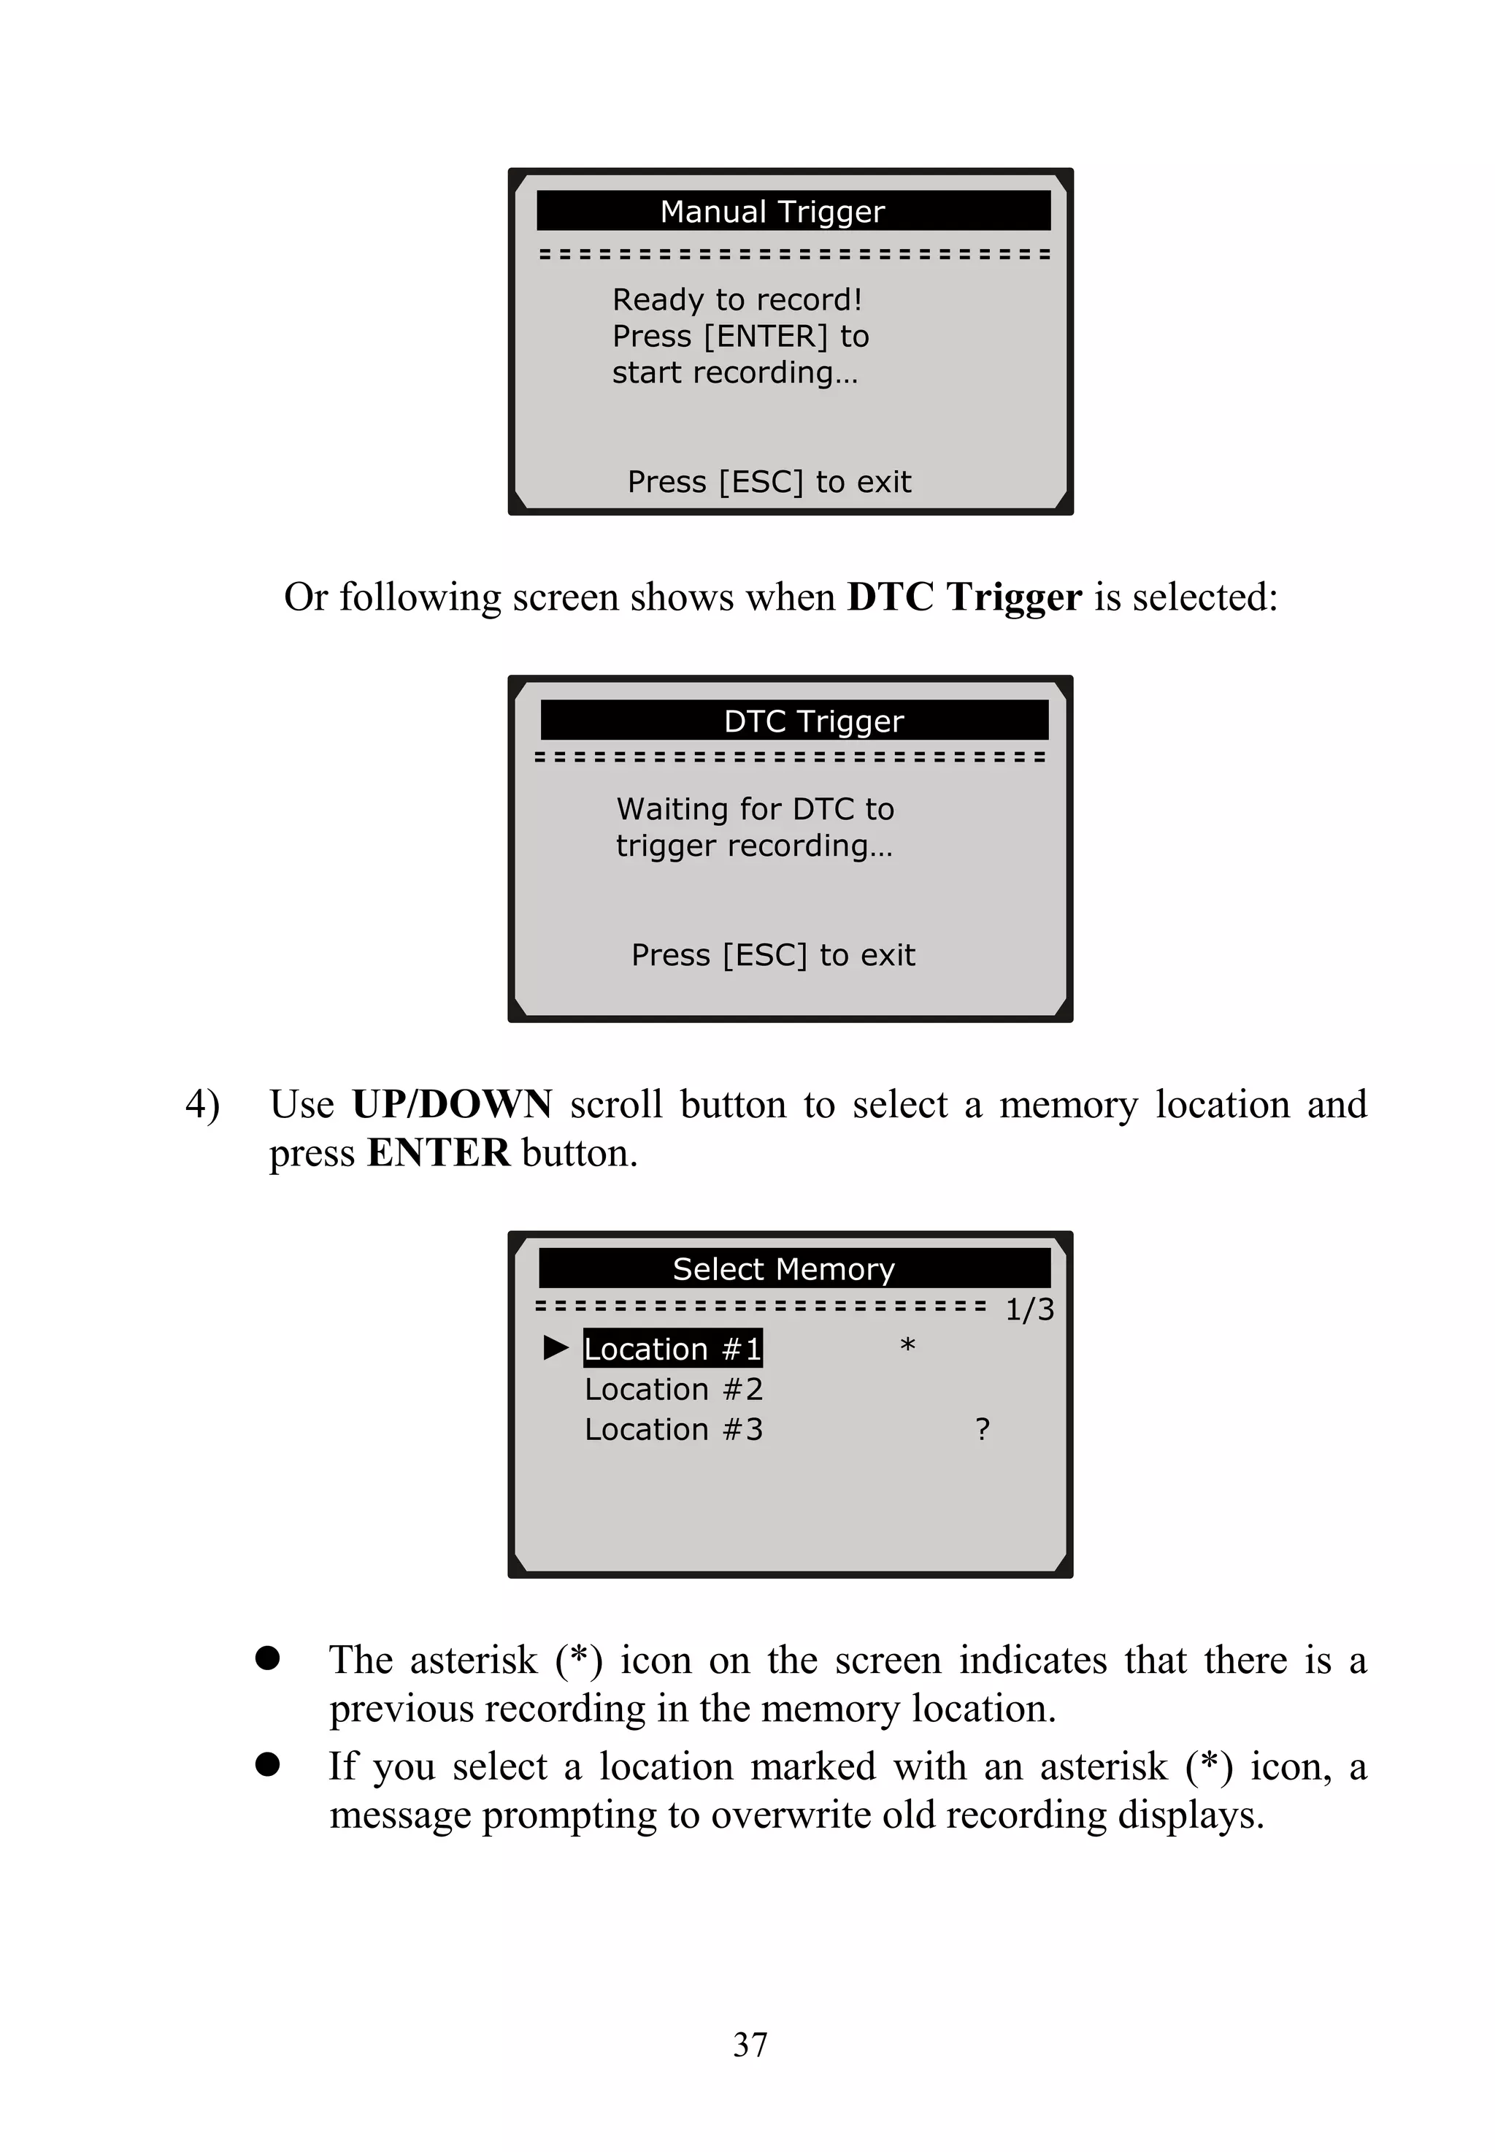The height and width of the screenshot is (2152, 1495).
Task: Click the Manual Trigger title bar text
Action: click(x=772, y=212)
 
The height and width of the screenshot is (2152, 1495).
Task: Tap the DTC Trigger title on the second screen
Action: click(x=813, y=721)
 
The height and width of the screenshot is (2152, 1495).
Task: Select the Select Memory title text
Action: click(x=783, y=1268)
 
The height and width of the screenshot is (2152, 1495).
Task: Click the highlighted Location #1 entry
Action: click(x=672, y=1349)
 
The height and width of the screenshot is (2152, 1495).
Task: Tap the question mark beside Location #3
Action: click(x=982, y=1430)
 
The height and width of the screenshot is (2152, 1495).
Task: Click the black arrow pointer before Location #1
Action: click(x=556, y=1348)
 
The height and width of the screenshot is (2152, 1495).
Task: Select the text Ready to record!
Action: click(x=737, y=300)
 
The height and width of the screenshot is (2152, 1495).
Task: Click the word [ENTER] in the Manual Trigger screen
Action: click(x=765, y=337)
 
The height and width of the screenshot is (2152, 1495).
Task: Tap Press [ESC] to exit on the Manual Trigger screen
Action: click(x=769, y=481)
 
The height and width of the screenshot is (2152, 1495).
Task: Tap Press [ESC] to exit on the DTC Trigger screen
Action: click(x=773, y=954)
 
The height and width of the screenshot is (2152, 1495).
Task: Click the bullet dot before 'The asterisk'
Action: click(x=268, y=1659)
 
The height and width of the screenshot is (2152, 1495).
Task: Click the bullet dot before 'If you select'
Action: click(x=268, y=1765)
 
